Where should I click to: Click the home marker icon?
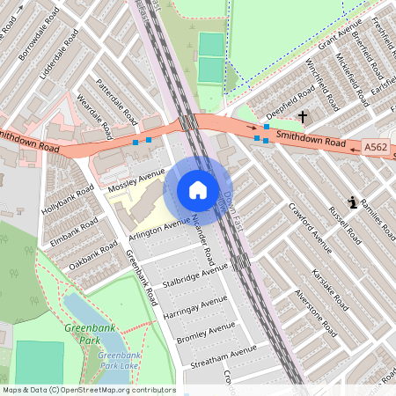[197, 190]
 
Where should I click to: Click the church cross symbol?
[303, 116]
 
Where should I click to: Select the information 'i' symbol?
[353, 202]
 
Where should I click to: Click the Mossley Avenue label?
[136, 180]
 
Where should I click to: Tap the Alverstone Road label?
[316, 312]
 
